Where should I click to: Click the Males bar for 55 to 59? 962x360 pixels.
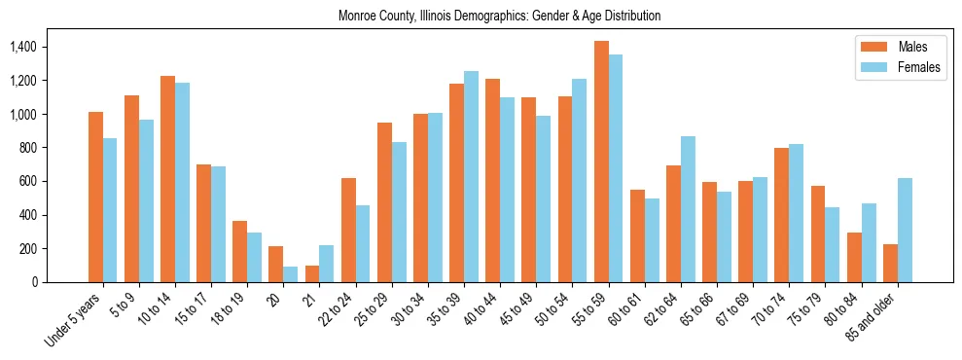pyautogui.click(x=601, y=162)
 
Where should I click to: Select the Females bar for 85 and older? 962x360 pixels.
pyautogui.click(x=905, y=230)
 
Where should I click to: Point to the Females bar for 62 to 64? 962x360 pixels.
pyautogui.click(x=688, y=209)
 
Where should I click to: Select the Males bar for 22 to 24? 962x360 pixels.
pyautogui.click(x=348, y=230)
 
